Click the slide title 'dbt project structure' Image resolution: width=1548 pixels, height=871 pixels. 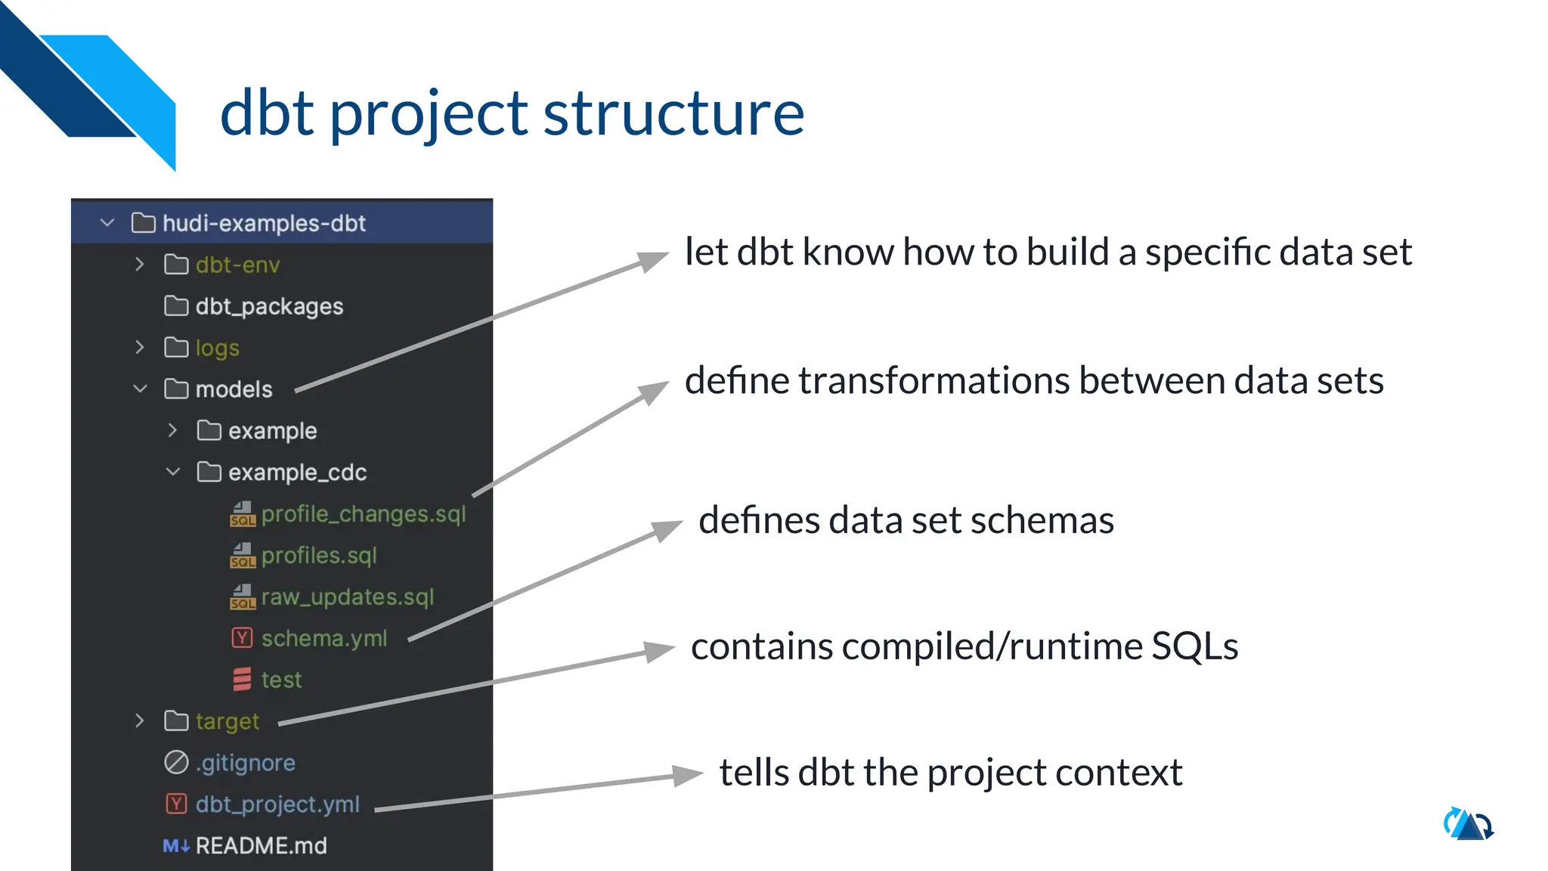point(512,113)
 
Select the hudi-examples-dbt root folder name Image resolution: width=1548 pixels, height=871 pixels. point(264,223)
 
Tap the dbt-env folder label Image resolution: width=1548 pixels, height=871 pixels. point(237,265)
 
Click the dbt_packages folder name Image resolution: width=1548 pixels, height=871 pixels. point(269,306)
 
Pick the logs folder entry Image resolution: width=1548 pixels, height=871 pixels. point(217,348)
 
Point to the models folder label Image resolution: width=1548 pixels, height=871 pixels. point(234,389)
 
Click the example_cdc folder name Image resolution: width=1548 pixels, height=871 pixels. point(297,473)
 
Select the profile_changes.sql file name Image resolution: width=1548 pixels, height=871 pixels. point(364,514)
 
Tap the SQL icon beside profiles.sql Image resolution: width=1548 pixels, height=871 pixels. point(243,556)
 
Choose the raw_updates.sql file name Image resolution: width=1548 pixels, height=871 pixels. point(348,597)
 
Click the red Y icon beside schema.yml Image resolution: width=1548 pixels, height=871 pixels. point(242,638)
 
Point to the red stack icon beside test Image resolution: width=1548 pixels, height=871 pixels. point(242,680)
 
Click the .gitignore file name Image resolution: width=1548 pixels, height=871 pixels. point(246,763)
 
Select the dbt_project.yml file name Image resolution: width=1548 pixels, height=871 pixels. point(277,804)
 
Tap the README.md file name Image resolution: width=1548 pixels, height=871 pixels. point(261,845)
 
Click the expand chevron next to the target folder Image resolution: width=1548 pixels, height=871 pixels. point(140,721)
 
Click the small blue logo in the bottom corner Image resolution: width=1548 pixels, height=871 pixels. point(1469,824)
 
